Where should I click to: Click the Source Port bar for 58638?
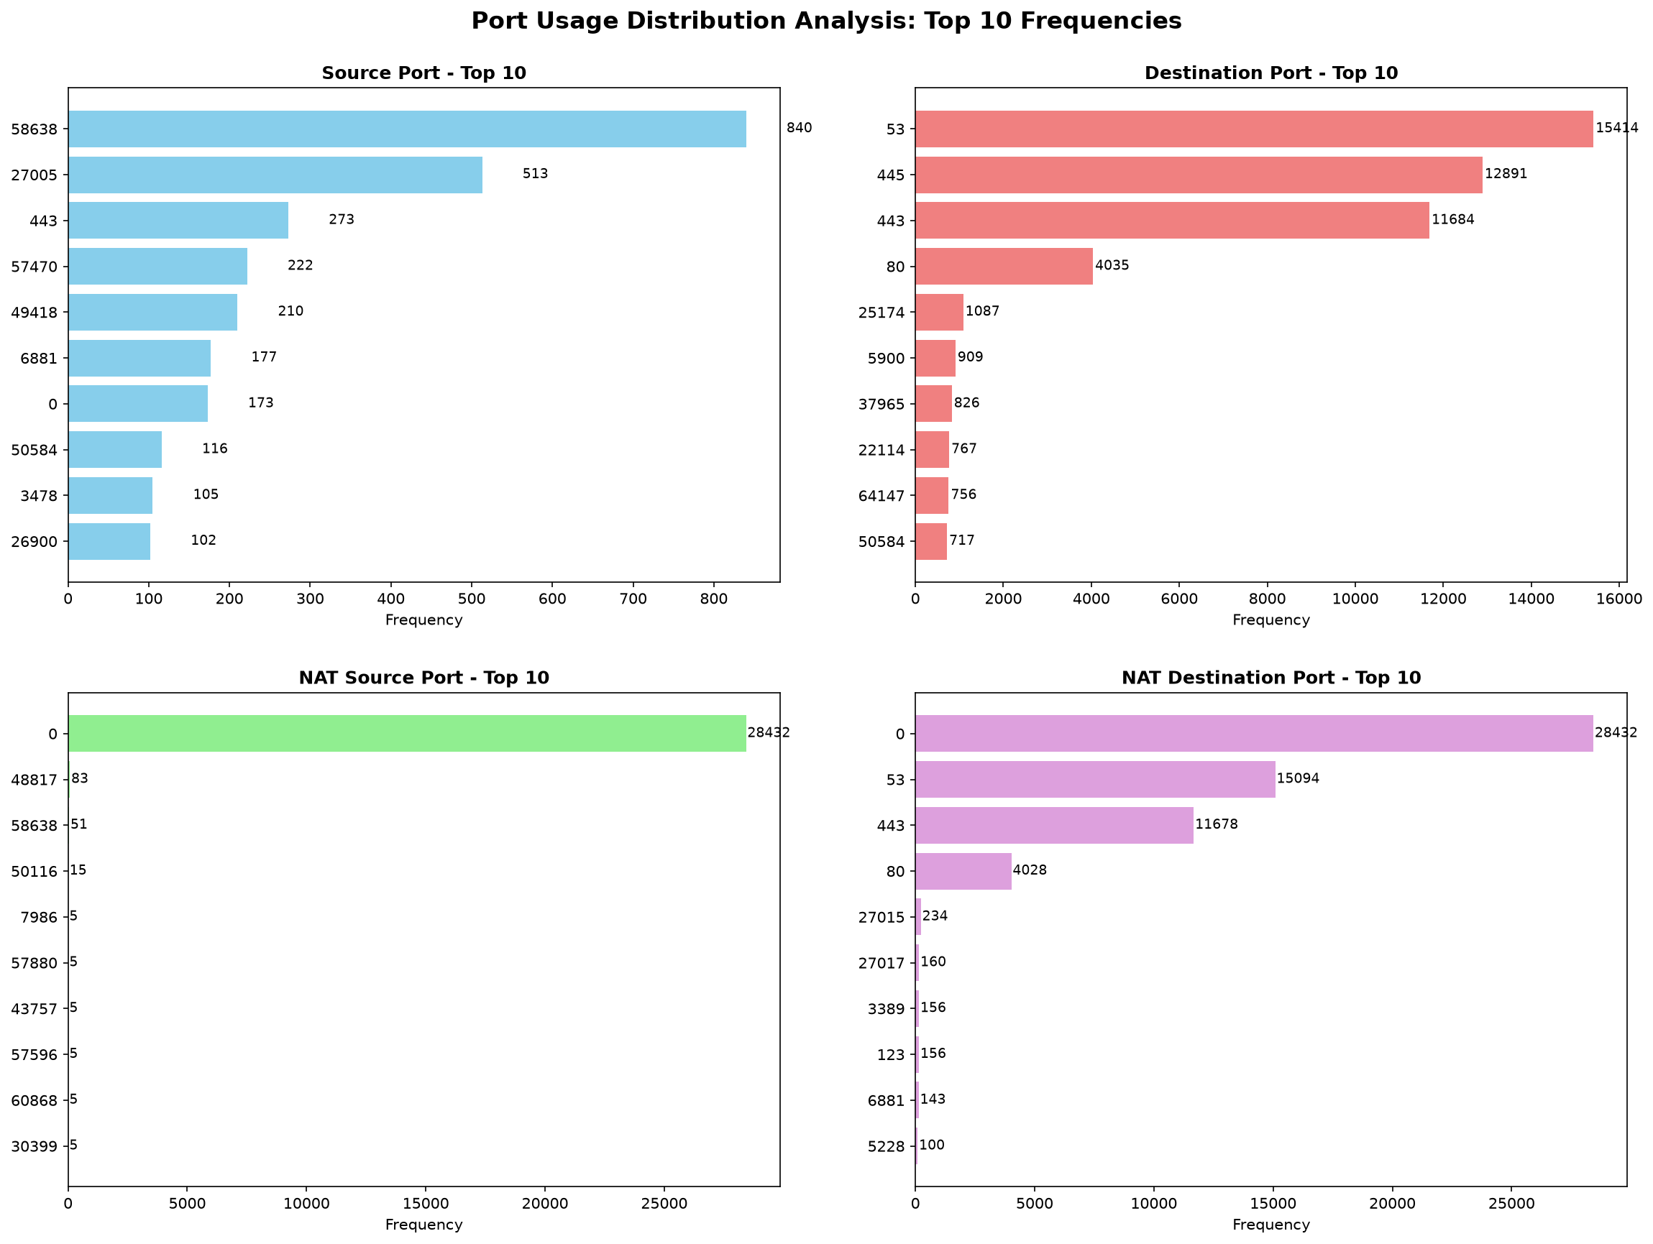[407, 129]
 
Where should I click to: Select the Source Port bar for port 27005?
[276, 175]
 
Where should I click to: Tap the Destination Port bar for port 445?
[1199, 175]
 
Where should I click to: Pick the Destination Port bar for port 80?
[1004, 266]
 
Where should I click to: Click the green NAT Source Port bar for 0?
[407, 733]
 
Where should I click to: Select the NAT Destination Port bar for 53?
[1096, 779]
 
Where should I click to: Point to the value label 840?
[799, 128]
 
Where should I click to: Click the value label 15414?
[1617, 128]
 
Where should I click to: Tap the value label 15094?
[1298, 778]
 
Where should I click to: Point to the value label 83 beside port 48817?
[80, 778]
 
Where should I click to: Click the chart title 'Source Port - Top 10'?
[423, 73]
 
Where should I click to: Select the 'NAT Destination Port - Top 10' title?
[1271, 678]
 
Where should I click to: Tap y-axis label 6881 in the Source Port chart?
[40, 358]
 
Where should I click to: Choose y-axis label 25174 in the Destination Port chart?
[882, 313]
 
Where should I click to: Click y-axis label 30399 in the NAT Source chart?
[35, 1146]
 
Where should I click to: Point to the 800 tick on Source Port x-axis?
[714, 599]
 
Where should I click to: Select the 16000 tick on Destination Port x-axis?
[1619, 599]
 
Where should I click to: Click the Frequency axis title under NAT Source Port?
[423, 1225]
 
